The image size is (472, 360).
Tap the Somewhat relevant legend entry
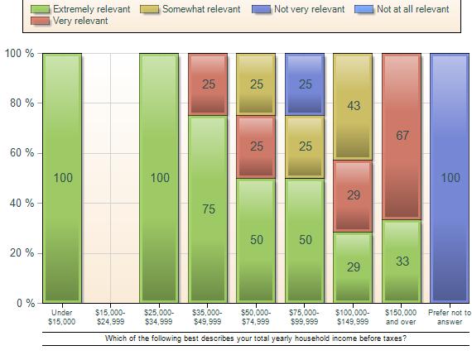pos(201,9)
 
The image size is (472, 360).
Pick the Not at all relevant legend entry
pos(412,9)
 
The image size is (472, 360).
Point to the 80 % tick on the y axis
pos(20,103)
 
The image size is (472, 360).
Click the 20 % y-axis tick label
pos(20,253)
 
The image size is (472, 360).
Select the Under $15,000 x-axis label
pos(62,317)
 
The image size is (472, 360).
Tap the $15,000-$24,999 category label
pos(110,317)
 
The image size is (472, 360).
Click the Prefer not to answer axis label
pos(450,317)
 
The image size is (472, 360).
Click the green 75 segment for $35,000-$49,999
pos(208,209)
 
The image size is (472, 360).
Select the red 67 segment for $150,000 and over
pos(402,137)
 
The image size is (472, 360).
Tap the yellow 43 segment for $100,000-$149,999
pos(354,106)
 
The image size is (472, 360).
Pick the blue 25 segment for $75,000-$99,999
pos(305,84)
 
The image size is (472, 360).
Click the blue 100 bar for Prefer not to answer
pos(450,178)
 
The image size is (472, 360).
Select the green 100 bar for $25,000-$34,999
pos(159,178)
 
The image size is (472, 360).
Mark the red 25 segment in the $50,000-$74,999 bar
pos(256,146)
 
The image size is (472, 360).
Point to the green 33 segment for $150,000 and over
pos(402,262)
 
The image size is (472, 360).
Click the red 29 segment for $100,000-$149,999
pos(354,195)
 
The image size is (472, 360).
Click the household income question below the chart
pos(256,338)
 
